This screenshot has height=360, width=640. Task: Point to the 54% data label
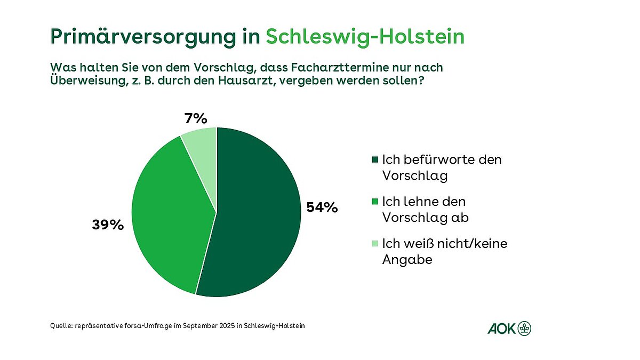pyautogui.click(x=322, y=207)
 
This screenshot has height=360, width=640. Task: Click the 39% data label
pyautogui.click(x=108, y=225)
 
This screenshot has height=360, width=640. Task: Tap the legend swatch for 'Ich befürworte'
pyautogui.click(x=374, y=159)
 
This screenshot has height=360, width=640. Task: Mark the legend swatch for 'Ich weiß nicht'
pyautogui.click(x=374, y=244)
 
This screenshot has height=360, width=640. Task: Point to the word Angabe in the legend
pyautogui.click(x=407, y=260)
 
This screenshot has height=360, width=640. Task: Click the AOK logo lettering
pyautogui.click(x=501, y=328)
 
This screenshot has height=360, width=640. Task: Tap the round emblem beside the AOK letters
pyautogui.click(x=525, y=328)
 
